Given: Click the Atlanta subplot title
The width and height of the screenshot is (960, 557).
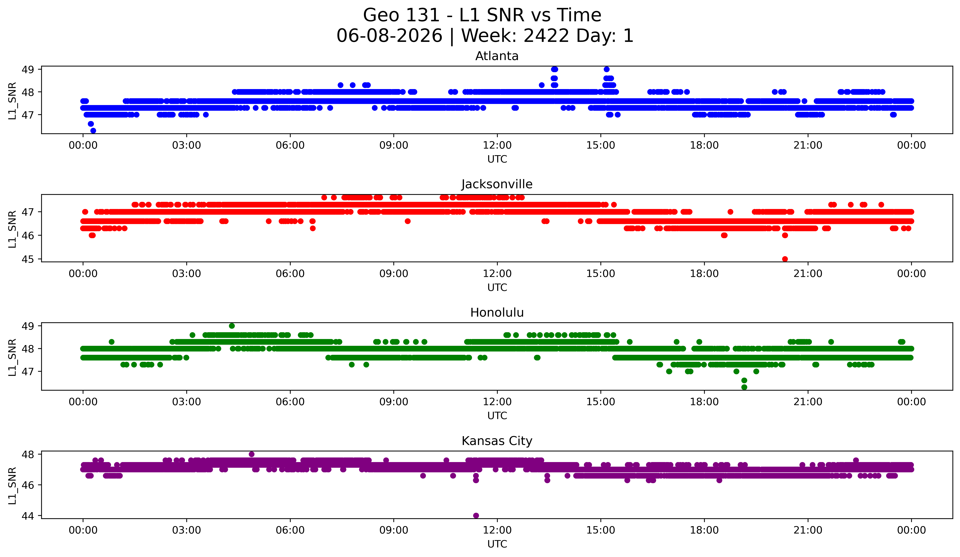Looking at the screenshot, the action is pyautogui.click(x=497, y=56).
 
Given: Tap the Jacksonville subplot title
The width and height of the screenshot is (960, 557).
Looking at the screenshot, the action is pyautogui.click(x=497, y=184).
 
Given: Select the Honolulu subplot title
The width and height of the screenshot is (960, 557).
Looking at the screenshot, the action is pyautogui.click(x=497, y=313).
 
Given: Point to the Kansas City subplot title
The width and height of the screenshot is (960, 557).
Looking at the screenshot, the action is pyautogui.click(x=497, y=441).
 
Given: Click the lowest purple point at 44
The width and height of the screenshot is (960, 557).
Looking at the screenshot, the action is pyautogui.click(x=476, y=515).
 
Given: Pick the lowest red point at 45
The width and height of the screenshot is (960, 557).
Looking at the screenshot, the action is pyautogui.click(x=785, y=259).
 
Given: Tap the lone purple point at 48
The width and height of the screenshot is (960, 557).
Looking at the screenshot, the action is pyautogui.click(x=251, y=454).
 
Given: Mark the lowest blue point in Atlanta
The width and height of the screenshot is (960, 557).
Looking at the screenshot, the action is pyautogui.click(x=93, y=131).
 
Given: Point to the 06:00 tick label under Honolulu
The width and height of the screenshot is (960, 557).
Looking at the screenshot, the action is pyautogui.click(x=290, y=402).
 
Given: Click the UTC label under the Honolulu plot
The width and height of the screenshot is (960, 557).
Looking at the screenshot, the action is pyautogui.click(x=497, y=415).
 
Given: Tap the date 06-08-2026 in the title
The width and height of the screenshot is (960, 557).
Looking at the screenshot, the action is pyautogui.click(x=389, y=36).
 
